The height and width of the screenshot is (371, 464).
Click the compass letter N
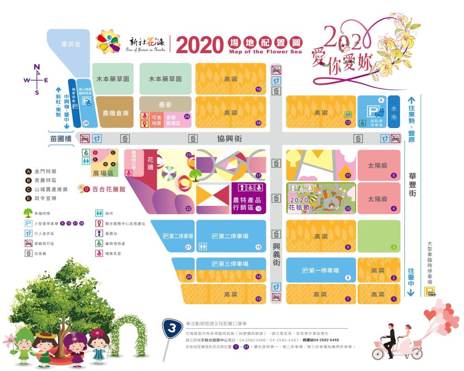[x=37, y=66]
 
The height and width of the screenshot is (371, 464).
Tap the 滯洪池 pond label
[x=71, y=45]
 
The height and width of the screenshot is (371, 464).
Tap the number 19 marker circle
[x=258, y=89]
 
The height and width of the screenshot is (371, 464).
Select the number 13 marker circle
[x=258, y=300]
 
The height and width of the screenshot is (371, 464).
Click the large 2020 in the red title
[x=200, y=45]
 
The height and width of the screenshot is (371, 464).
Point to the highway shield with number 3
[x=172, y=330]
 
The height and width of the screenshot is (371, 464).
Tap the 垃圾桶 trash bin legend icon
[x=28, y=253]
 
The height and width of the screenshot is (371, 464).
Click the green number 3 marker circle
[x=393, y=247]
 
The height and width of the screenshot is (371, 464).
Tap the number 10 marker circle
[x=348, y=209]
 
